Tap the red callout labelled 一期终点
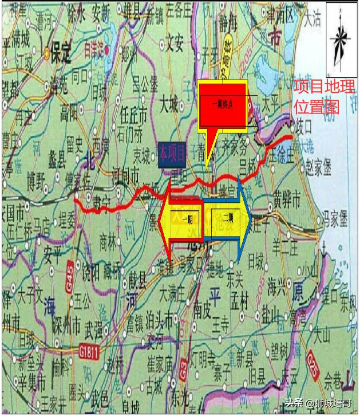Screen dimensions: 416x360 point(223,105)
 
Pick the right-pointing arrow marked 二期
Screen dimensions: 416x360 point(227,218)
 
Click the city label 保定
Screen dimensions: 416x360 point(60,53)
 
